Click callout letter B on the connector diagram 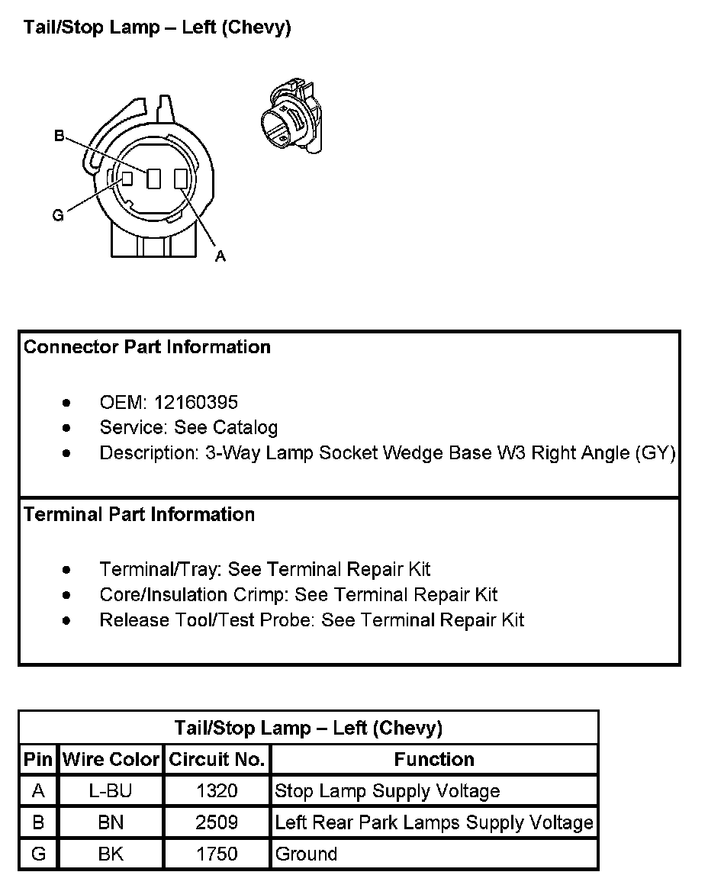(59, 137)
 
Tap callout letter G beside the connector (58, 216)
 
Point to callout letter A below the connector (220, 256)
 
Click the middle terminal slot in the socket (154, 179)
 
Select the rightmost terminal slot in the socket (181, 179)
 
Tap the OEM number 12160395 (196, 402)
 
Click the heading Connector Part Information (147, 347)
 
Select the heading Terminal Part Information (139, 514)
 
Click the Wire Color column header (111, 760)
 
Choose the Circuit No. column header (217, 760)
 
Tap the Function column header (434, 760)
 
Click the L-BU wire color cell (111, 791)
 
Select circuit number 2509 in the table (217, 822)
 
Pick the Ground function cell (306, 854)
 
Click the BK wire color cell (111, 854)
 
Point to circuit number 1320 (217, 791)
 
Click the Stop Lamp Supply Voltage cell (387, 791)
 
